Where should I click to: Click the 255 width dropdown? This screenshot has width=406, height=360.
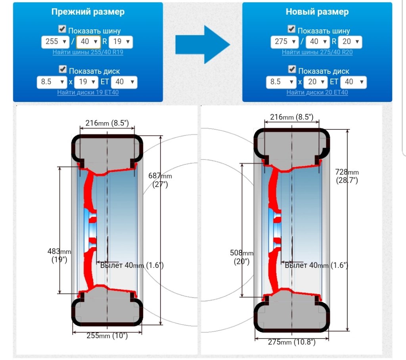point(55,42)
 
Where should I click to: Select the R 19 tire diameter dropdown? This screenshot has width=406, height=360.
point(121,42)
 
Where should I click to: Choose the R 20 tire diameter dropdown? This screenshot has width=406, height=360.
point(350,42)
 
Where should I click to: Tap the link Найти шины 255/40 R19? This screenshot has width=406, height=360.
point(88,52)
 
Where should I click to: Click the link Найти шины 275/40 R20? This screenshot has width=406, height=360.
point(317,52)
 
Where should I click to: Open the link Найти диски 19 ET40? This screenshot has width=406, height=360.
point(88,92)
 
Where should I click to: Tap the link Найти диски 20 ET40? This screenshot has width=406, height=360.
point(317,92)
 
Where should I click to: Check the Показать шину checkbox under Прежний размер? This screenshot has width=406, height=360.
point(62,29)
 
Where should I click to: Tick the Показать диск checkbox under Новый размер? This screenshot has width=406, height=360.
point(292,69)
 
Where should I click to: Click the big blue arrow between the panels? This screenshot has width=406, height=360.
point(203,44)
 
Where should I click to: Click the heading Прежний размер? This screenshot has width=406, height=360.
point(88,12)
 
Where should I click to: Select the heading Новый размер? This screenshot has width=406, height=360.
point(317,12)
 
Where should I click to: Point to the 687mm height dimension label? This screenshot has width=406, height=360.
point(160,180)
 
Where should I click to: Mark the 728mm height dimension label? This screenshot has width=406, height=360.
point(347,175)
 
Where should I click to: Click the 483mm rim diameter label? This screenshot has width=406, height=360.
point(59,255)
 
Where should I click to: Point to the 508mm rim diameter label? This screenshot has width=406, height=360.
point(241,257)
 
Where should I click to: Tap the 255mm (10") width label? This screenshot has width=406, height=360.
point(107,335)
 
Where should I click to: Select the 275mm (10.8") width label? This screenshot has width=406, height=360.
point(292,342)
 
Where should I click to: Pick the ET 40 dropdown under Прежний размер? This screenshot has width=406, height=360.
point(124,82)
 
